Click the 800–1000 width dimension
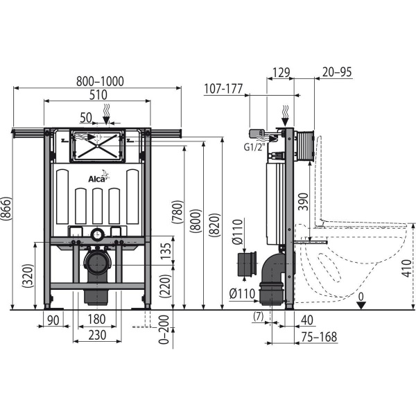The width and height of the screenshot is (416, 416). click(x=100, y=81)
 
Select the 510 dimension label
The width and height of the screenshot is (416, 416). click(x=98, y=95)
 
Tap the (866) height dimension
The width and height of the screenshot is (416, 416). click(x=6, y=209)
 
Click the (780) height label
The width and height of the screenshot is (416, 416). click(x=177, y=212)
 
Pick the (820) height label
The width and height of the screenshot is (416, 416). click(x=215, y=225)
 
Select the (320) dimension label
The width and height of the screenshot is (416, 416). click(x=28, y=276)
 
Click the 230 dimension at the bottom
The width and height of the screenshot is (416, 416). click(x=97, y=336)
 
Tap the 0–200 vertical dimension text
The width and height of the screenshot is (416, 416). click(x=164, y=330)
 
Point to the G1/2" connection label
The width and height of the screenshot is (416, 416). click(x=254, y=147)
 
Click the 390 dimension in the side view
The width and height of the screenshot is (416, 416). click(x=303, y=202)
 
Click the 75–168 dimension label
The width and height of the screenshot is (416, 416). click(x=319, y=337)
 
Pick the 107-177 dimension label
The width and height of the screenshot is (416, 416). click(x=223, y=89)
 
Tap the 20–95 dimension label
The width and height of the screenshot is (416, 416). click(x=337, y=72)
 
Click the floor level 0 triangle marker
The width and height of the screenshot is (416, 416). click(x=361, y=305)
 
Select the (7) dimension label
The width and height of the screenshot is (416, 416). click(x=259, y=316)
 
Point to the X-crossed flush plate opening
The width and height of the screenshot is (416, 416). click(x=97, y=146)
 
